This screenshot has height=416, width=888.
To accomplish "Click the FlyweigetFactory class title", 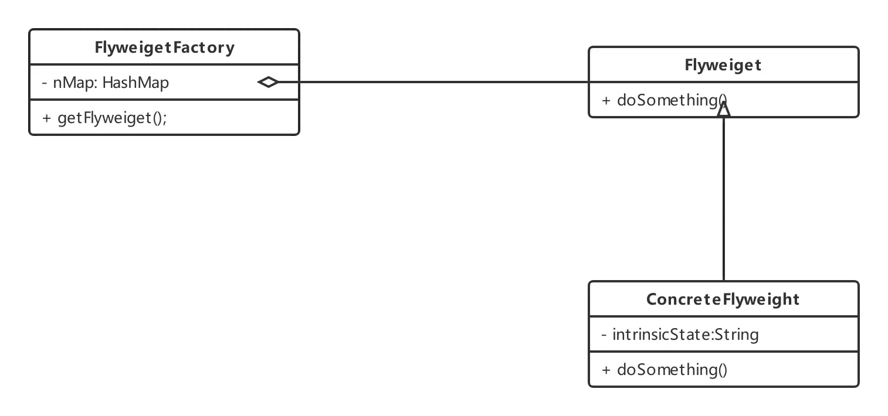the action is (x=164, y=48).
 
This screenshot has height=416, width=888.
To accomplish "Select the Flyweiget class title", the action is (x=723, y=66).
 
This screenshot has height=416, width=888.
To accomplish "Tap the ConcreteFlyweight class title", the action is (x=723, y=299).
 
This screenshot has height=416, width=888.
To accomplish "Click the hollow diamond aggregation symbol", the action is (x=268, y=82).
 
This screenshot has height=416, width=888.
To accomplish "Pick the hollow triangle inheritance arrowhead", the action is (x=724, y=109).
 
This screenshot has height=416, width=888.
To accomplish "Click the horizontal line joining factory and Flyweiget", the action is (x=433, y=82).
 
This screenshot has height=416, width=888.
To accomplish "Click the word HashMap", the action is (x=135, y=83).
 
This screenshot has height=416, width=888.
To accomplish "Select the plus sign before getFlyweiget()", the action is (x=46, y=118).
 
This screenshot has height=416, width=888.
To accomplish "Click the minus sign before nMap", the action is (x=45, y=83).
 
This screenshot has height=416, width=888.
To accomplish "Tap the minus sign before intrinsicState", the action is (x=604, y=335).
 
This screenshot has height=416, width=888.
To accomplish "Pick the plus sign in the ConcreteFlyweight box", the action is (x=606, y=370).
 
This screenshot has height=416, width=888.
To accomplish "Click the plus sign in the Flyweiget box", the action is (x=606, y=101).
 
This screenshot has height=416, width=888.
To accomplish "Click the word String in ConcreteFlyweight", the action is (x=737, y=335).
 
